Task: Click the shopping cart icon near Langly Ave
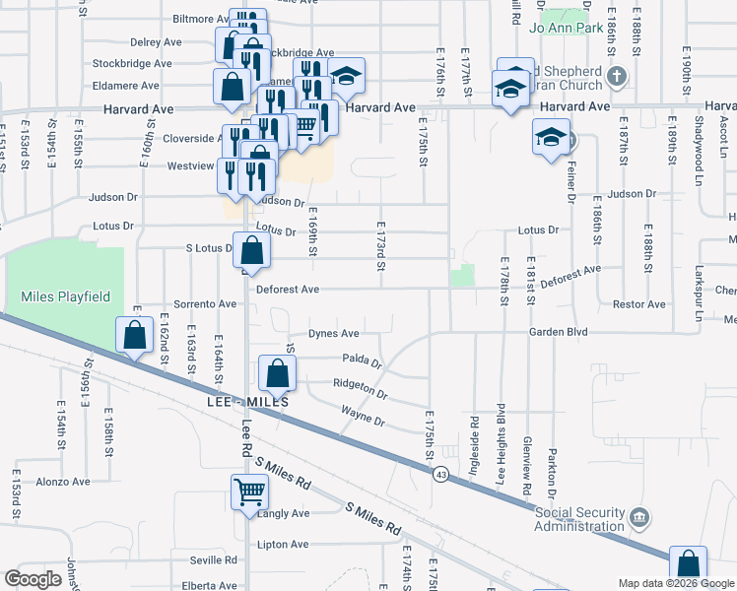click(x=249, y=490)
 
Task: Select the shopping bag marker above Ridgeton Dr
click(x=278, y=372)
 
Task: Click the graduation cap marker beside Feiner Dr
click(x=549, y=137)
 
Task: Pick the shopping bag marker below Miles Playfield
click(x=133, y=335)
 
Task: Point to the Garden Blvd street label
click(x=558, y=332)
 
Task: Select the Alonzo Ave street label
click(x=62, y=482)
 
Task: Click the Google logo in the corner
click(x=33, y=579)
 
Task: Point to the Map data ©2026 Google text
click(x=676, y=583)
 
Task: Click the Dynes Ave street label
click(x=332, y=333)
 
